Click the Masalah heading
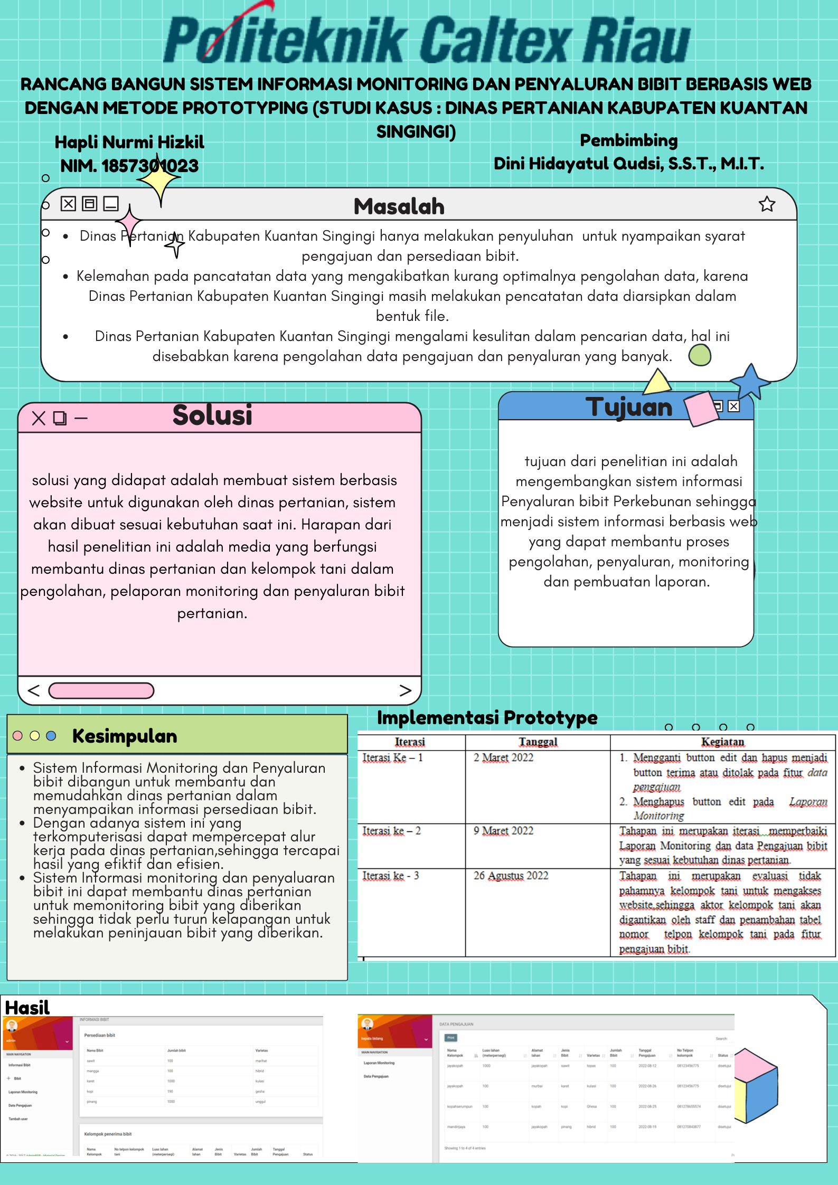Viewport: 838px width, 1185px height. pos(399,206)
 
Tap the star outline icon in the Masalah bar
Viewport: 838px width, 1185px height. pos(767,204)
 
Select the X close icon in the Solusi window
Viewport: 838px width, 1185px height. pos(39,419)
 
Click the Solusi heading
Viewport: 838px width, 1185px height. pos(212,415)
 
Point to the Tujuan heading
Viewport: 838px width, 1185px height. pos(628,407)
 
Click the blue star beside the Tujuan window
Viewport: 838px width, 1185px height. pos(750,381)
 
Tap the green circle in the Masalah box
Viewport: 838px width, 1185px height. pos(700,355)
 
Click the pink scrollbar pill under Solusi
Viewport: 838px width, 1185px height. pos(101,690)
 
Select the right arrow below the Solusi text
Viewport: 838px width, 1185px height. pos(405,690)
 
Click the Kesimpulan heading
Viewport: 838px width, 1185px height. pos(125,736)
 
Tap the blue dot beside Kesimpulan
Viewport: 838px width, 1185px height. pos(51,736)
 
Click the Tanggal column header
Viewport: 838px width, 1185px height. pos(538,742)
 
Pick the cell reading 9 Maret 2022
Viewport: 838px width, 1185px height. pos(503,831)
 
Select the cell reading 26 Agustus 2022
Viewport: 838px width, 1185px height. pos(511,876)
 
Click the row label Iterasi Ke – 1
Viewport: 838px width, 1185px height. pos(392,757)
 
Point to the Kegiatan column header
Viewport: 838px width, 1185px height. pos(722,742)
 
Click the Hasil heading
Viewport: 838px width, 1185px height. pos(27,1008)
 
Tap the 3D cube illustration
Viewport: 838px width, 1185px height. pos(756,1085)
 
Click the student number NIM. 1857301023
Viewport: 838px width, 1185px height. pos(129,166)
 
